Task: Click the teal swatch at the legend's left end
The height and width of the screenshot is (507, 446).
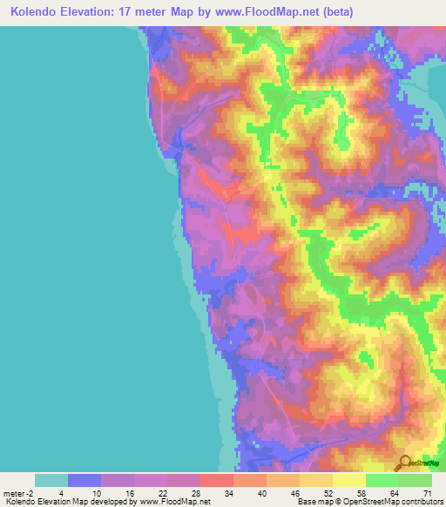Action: coord(51,480)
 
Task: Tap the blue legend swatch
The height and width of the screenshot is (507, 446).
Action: coord(84,480)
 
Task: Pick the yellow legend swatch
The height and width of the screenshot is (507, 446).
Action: coord(349,480)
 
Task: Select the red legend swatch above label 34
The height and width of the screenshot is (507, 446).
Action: coord(217,480)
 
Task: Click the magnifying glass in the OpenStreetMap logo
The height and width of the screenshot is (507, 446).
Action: coord(402,462)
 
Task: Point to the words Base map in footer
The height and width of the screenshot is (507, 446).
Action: coord(312,501)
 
